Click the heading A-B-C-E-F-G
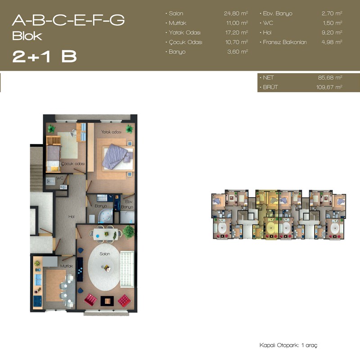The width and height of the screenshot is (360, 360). coord(68,20)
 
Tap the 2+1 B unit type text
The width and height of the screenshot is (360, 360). coord(44,57)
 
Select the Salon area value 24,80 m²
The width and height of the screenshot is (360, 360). coord(236,13)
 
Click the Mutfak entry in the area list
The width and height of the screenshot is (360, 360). coord(177,23)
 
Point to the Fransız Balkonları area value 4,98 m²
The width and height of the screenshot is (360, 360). coord(332,42)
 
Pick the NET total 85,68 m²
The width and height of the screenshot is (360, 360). coord(330,77)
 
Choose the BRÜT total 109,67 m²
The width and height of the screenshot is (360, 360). coord(329,87)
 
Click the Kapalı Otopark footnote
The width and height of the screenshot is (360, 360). coord(288,345)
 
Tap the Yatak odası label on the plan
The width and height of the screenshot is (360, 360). coord(111,132)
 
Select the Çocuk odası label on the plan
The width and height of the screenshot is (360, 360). coord(73,164)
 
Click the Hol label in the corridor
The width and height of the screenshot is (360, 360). coord(72,216)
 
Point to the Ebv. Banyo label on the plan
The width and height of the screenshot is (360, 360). coord(127,204)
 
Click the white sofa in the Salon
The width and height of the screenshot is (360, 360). coord(127,269)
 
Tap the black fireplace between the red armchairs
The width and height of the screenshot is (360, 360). coord(107,301)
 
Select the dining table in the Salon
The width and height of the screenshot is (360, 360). coord(106,234)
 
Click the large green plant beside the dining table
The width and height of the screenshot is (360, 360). coord(128,232)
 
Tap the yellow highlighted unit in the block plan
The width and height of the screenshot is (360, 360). coord(267,214)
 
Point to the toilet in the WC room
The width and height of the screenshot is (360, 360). coord(50,181)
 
